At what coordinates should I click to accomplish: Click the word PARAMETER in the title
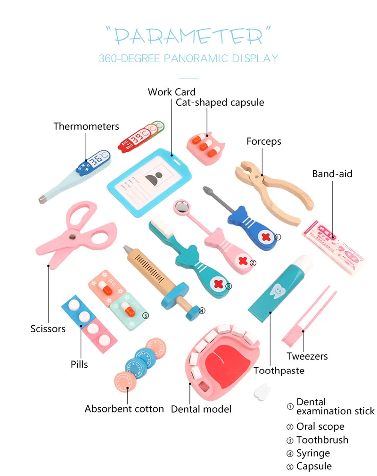[x=188, y=37]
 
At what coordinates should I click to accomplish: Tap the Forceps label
[x=263, y=141]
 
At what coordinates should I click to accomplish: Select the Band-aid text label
[x=332, y=174]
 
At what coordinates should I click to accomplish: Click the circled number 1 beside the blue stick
[x=278, y=238]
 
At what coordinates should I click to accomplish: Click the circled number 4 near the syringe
[x=201, y=311]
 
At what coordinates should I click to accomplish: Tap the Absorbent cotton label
[x=124, y=409]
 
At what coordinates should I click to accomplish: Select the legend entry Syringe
[x=313, y=453]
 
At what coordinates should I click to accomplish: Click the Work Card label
[x=172, y=91]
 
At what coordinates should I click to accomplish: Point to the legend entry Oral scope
[x=320, y=427]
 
